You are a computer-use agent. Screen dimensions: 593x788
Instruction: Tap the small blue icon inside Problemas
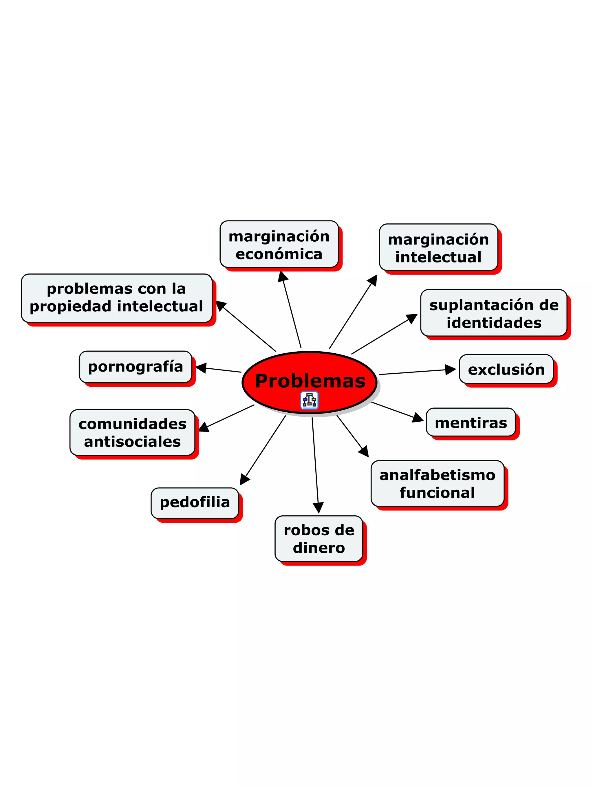coord(309,400)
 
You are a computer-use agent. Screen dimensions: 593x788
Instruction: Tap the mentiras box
coord(471,423)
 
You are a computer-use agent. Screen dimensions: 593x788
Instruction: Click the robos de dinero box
coord(319,539)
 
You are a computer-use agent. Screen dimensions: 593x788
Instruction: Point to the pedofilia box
coord(195,502)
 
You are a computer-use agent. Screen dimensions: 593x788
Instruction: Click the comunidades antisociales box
coord(132,432)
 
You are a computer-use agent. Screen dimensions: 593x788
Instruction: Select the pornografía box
coord(136,367)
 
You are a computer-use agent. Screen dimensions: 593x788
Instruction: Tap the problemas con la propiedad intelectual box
coord(116,298)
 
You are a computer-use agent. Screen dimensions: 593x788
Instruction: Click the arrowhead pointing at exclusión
coord(451,370)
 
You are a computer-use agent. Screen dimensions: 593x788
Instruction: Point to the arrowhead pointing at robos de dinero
coord(318,507)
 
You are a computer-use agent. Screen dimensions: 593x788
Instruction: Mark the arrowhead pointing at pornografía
coord(201,368)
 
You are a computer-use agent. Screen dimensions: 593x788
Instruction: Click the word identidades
coord(494,323)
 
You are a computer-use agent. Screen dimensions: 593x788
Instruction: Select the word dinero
coord(319,548)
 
